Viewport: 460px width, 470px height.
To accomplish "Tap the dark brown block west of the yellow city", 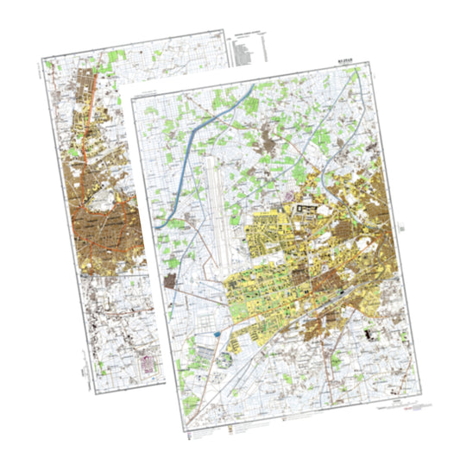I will pos(171,281).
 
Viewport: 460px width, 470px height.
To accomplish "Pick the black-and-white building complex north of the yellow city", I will pos(306,208).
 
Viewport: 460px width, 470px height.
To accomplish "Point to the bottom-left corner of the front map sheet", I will pos(186,429).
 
